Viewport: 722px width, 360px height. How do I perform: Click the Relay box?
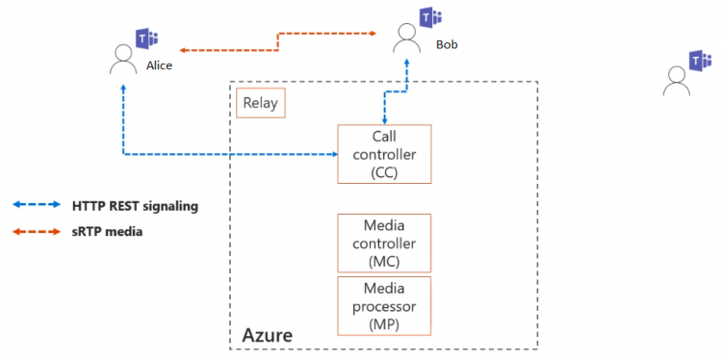pos(261,103)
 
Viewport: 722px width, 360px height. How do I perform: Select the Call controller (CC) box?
pos(384,154)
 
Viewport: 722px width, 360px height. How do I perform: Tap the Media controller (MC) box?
pos(384,243)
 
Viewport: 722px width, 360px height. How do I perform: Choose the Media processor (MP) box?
pos(384,305)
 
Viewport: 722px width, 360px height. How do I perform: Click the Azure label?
pos(267,335)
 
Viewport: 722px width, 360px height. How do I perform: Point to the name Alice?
pos(159,64)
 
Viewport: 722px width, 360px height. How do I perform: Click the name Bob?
pos(447,44)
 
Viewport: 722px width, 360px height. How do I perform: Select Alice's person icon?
pos(123,60)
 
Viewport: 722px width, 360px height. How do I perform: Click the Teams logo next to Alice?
pos(147,39)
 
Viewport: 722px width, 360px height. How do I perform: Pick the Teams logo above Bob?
pos(429,17)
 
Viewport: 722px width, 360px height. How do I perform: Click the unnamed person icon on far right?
pos(677,83)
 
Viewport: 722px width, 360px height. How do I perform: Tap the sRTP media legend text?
pos(107,231)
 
